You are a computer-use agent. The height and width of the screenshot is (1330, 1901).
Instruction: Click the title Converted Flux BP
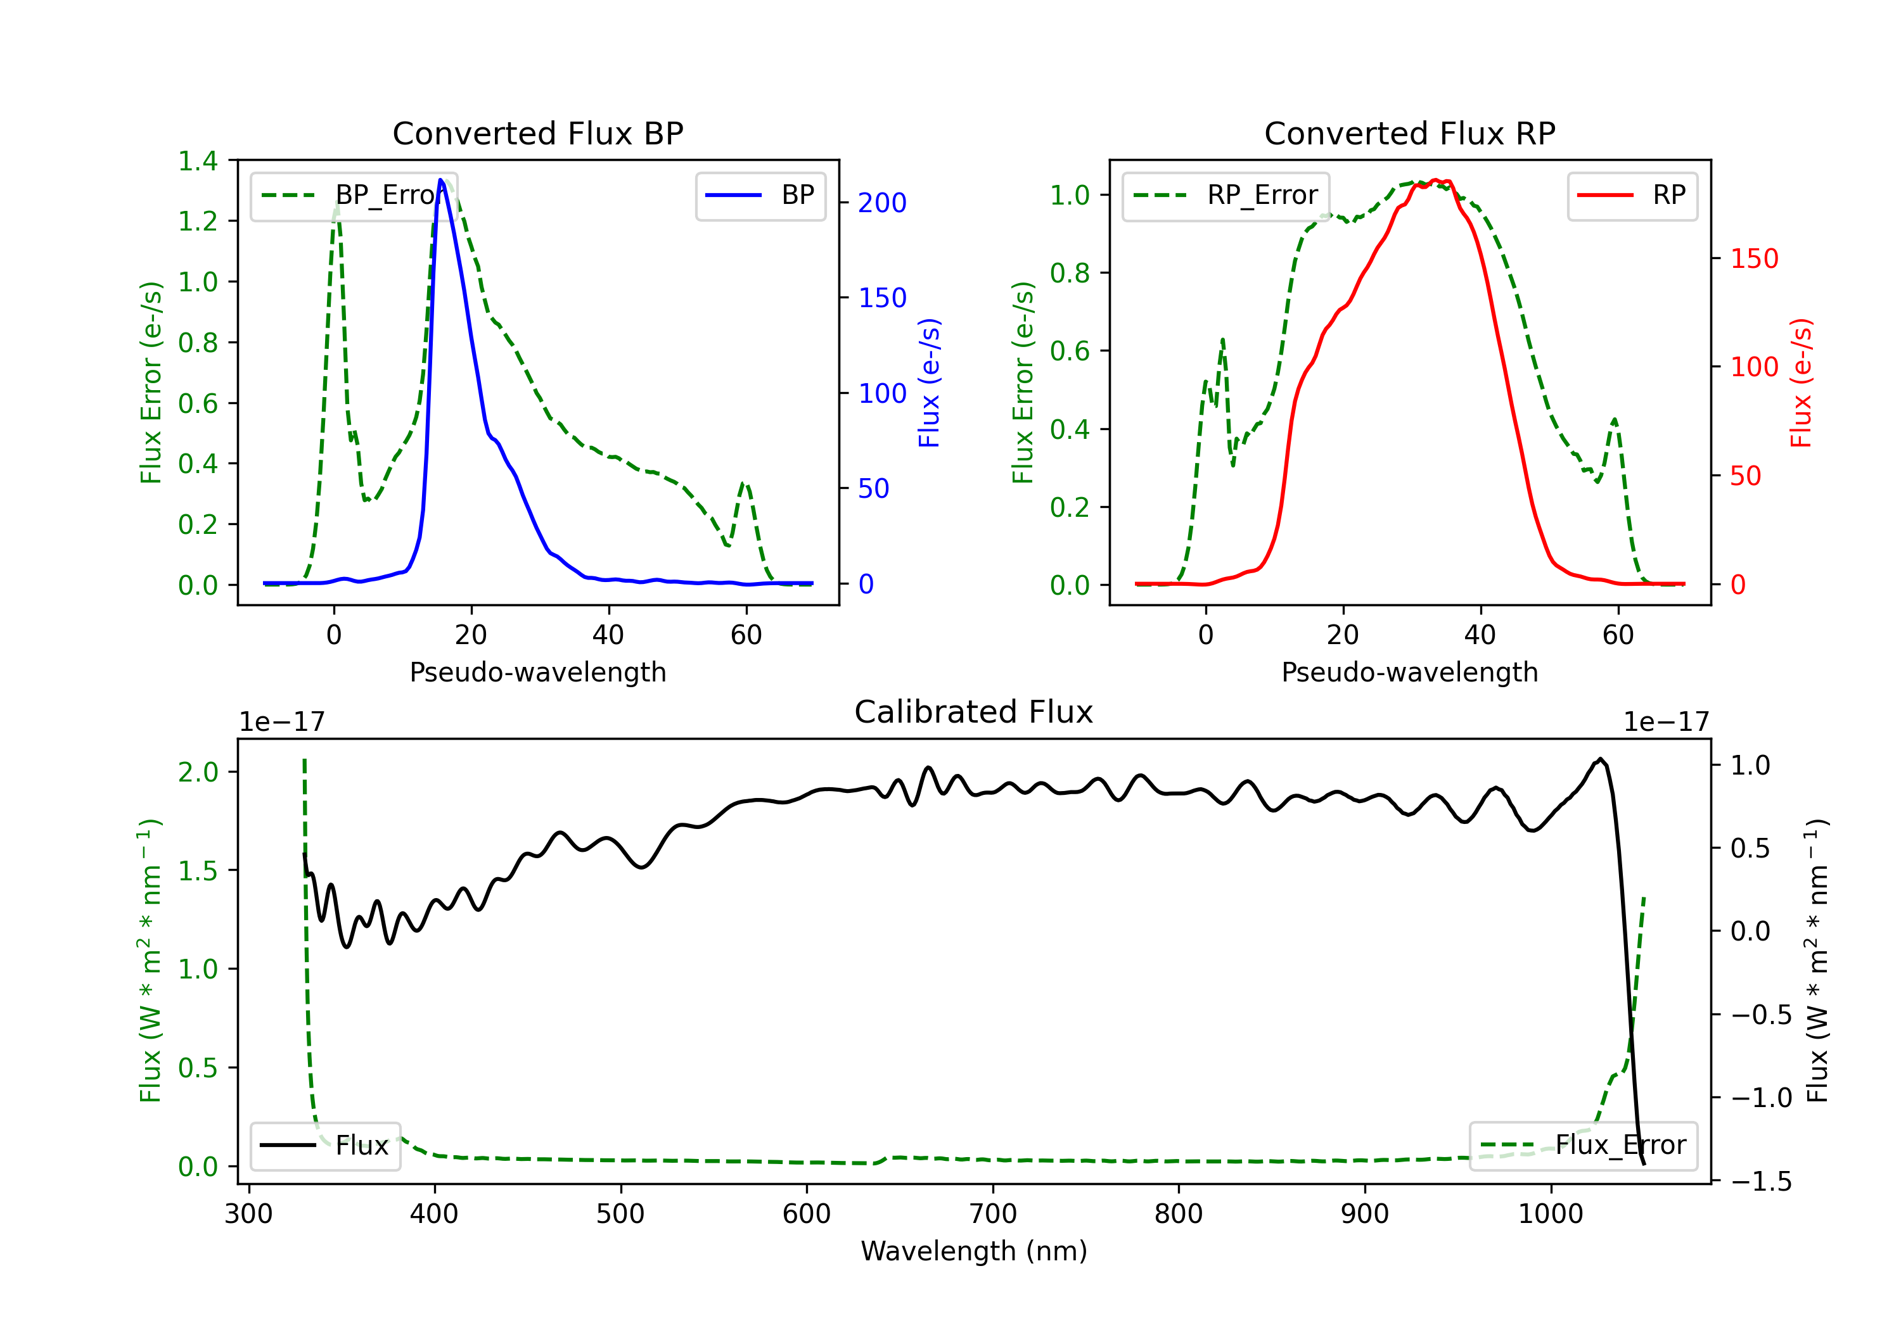(x=537, y=133)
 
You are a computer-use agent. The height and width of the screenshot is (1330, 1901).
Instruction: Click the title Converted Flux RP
(x=1409, y=133)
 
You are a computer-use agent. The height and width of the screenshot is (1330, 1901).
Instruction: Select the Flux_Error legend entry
(x=1583, y=1146)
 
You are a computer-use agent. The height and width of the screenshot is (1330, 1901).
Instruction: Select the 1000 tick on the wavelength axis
(x=1550, y=1214)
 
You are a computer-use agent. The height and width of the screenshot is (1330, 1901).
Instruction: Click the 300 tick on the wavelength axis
(x=248, y=1214)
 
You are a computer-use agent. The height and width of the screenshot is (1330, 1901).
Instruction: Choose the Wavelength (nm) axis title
(x=974, y=1251)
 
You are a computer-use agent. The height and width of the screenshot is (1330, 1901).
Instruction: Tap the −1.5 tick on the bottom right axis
(x=1761, y=1181)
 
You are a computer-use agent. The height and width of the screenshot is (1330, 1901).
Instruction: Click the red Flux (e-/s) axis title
(x=1801, y=383)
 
